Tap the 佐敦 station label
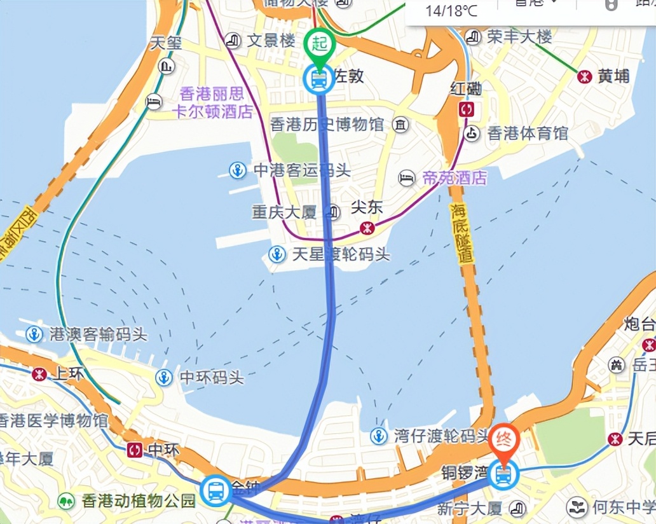(x=349, y=76)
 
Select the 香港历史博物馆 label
(x=327, y=125)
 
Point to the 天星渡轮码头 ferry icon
(x=277, y=255)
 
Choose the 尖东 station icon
(x=366, y=228)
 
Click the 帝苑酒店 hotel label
(x=454, y=178)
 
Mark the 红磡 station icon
(x=467, y=109)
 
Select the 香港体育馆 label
(x=528, y=134)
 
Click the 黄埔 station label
(x=613, y=76)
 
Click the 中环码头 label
(x=212, y=378)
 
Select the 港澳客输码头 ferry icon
(x=34, y=334)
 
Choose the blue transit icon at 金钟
(x=216, y=490)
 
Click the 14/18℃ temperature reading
(x=452, y=11)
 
